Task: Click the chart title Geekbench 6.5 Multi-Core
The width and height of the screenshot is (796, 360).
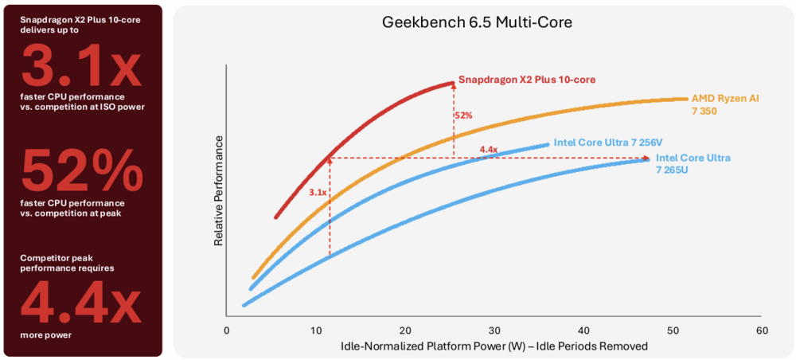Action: coord(477,23)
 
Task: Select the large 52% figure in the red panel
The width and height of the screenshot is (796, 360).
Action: coord(82,171)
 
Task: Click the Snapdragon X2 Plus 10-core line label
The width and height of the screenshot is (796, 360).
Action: coord(527,80)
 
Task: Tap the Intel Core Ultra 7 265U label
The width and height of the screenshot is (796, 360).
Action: coord(693,163)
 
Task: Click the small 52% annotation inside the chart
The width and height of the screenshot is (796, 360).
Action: coord(463,116)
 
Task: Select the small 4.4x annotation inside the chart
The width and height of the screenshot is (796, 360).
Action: coord(488,150)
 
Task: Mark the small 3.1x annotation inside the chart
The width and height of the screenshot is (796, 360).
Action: coord(318,193)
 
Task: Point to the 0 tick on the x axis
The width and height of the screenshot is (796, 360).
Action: coord(227,330)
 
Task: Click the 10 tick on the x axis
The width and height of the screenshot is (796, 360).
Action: coord(316,330)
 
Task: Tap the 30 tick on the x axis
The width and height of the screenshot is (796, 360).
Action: coord(494,330)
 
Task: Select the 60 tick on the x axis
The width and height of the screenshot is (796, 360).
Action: coord(762,330)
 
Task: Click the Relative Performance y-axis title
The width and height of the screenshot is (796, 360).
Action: coord(219,191)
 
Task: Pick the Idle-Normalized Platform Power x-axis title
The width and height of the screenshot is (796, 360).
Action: coord(494,346)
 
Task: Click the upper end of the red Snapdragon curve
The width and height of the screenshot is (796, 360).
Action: coord(451,82)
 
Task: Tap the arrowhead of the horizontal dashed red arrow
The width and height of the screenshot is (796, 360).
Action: coord(646,158)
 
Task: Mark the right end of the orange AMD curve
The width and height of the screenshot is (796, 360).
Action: coord(685,99)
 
